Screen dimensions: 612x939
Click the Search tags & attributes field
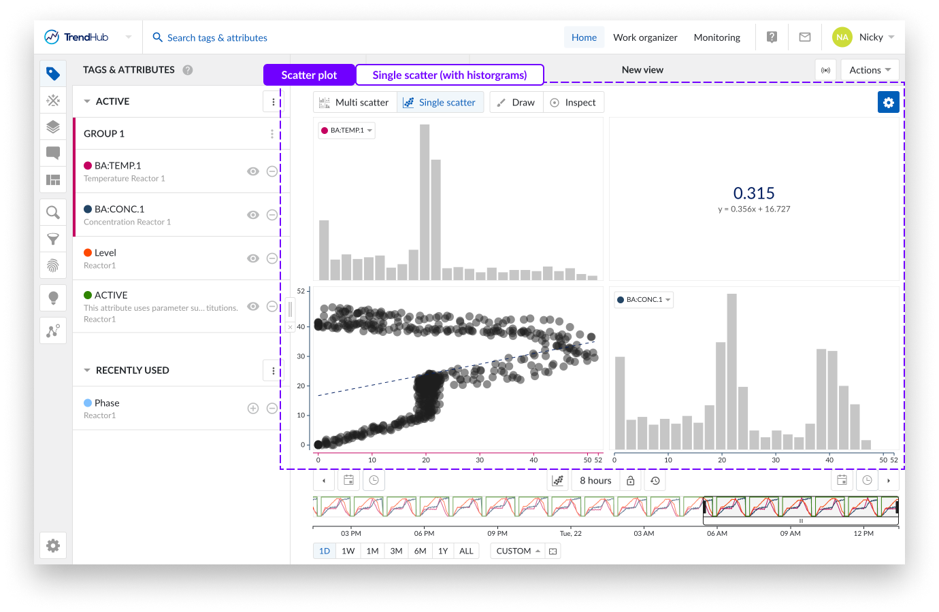point(216,38)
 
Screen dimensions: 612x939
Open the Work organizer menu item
point(645,37)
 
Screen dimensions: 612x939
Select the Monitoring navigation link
point(716,37)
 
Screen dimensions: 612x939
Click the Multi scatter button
point(355,103)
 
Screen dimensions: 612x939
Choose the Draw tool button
point(516,103)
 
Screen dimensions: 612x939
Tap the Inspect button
point(573,103)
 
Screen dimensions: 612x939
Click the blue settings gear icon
point(888,103)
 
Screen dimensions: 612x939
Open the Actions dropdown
point(870,70)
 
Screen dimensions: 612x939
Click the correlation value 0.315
point(754,193)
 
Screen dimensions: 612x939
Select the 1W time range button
point(348,551)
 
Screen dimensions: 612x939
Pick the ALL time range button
point(466,551)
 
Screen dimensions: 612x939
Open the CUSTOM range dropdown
point(518,551)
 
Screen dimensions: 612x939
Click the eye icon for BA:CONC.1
point(253,215)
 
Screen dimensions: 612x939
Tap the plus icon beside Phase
point(253,409)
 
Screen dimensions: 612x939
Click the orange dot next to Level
point(88,253)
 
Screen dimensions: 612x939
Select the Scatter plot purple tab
point(309,75)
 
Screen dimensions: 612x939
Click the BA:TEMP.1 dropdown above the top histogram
point(347,131)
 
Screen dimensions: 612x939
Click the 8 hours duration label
point(595,481)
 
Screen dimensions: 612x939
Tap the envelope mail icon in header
point(805,37)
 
